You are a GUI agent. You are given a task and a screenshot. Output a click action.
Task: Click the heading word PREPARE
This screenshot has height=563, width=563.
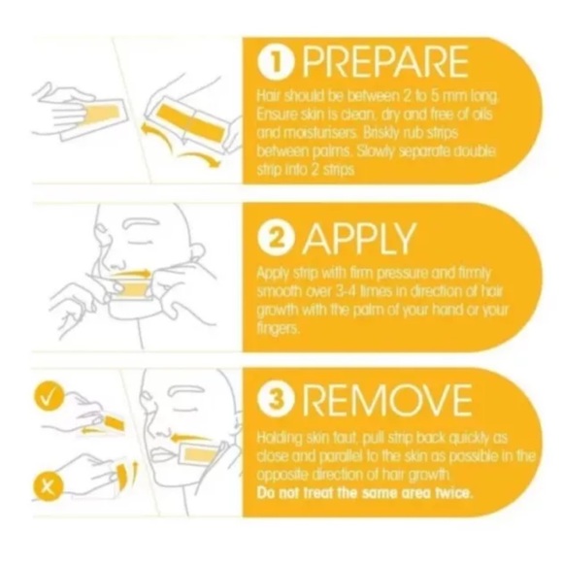click(385, 62)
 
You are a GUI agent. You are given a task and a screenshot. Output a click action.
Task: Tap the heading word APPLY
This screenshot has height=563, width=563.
click(359, 238)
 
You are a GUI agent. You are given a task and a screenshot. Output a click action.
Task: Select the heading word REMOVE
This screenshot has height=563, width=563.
click(387, 400)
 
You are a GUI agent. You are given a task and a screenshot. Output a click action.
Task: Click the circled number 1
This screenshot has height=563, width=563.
click(275, 62)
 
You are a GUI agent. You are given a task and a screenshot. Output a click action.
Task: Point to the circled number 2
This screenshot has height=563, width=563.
click(275, 239)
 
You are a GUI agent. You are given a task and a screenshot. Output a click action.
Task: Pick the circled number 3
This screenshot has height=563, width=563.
click(275, 400)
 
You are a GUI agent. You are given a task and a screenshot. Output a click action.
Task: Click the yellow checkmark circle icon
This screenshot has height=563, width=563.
click(49, 398)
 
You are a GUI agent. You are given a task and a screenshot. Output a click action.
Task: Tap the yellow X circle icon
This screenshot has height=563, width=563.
click(48, 487)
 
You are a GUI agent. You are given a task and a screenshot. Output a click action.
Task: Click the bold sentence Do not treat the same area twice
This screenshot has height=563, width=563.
click(365, 493)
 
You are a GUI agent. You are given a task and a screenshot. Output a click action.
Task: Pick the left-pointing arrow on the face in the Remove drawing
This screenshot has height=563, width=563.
click(191, 439)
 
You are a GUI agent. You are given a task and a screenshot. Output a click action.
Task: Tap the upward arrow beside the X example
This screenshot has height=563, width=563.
click(135, 472)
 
